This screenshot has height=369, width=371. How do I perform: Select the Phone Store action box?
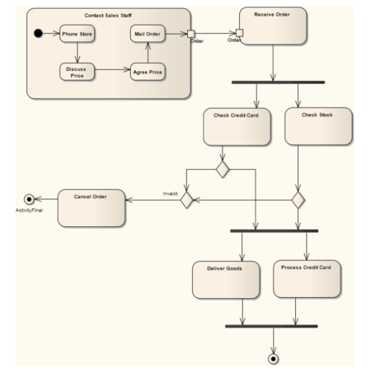[77, 35]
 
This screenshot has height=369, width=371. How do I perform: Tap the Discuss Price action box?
[77, 72]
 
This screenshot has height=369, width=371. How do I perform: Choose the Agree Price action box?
[148, 72]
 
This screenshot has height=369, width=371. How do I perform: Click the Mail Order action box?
[148, 35]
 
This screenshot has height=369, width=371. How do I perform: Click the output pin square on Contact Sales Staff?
[191, 35]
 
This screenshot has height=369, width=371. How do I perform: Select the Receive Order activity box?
[272, 27]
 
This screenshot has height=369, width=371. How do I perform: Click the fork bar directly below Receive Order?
[278, 82]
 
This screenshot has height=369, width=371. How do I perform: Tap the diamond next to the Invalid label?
[186, 199]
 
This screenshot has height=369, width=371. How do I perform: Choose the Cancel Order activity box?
[92, 208]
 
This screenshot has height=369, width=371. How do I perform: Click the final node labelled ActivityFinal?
[31, 199]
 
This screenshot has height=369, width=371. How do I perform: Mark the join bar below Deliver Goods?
[270, 325]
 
